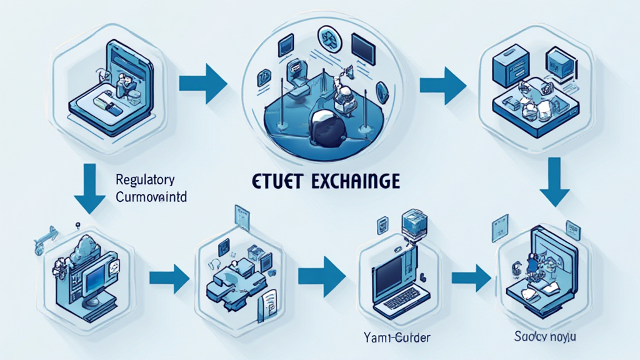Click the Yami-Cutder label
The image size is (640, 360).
pos(392,338)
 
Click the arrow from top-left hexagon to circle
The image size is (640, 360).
pos(202,82)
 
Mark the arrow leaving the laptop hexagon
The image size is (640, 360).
pos(471,275)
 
